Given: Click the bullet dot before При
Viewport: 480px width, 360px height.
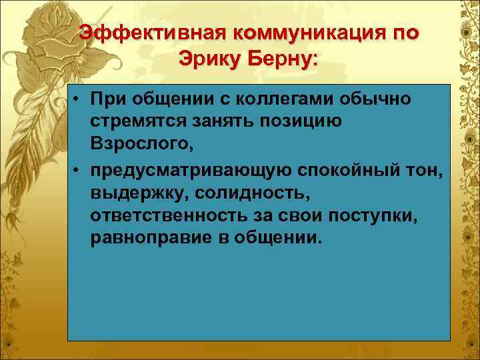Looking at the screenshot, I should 78,100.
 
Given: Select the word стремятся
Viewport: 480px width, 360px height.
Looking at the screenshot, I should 138,122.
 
